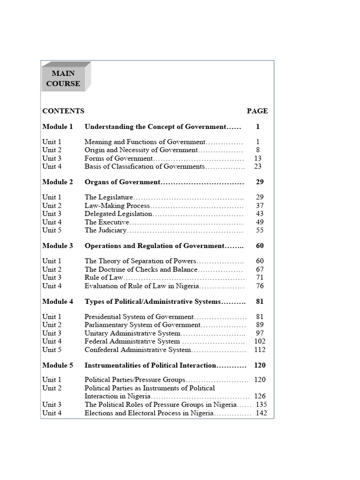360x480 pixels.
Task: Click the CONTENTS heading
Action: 63,111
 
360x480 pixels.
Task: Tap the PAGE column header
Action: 257,111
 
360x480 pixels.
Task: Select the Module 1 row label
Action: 58,127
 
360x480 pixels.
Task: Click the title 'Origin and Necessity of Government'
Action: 141,150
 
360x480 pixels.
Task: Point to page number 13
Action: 258,158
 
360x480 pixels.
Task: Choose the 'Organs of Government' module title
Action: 122,182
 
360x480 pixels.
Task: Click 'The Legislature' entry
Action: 109,197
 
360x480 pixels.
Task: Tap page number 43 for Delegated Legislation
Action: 260,214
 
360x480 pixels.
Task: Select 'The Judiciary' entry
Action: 105,230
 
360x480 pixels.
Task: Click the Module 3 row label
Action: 58,246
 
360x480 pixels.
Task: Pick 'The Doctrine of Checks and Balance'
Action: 141,270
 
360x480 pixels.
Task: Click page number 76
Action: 260,286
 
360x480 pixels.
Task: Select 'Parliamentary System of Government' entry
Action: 142,325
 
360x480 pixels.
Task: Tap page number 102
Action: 260,341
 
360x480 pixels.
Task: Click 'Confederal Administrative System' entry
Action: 138,350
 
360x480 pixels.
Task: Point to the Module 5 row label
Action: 58,365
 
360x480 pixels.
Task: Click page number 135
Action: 261,405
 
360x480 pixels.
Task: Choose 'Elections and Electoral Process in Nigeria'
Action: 149,413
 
